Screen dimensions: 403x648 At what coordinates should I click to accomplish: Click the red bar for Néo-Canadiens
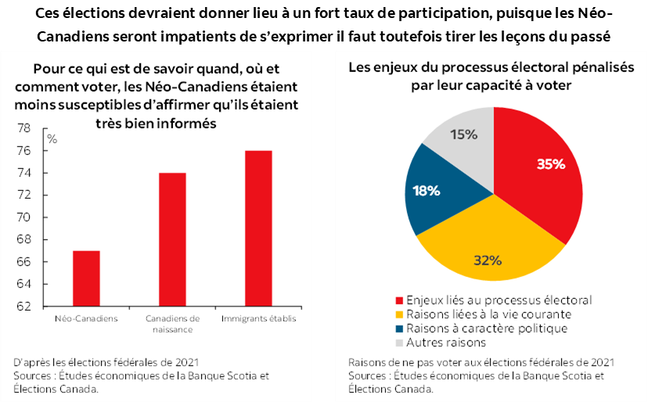[x=87, y=278]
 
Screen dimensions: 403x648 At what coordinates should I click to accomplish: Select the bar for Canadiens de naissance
[x=173, y=239]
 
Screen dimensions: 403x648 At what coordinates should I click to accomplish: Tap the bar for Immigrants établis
[x=259, y=228]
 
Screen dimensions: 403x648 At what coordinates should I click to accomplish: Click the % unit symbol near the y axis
[x=52, y=139]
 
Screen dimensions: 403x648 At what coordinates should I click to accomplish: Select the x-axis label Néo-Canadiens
[x=87, y=319]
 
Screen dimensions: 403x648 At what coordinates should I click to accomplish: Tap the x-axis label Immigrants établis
[x=259, y=319]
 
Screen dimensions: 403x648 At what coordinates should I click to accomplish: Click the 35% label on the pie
[x=551, y=164]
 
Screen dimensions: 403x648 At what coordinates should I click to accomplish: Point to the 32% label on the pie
[x=487, y=260]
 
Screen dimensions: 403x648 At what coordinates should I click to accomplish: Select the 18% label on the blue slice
[x=427, y=190]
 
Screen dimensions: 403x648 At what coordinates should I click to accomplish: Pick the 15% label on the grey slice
[x=464, y=134]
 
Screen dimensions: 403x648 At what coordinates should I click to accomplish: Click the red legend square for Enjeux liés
[x=401, y=300]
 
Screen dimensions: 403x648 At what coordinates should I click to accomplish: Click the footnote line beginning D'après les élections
[x=106, y=362]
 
